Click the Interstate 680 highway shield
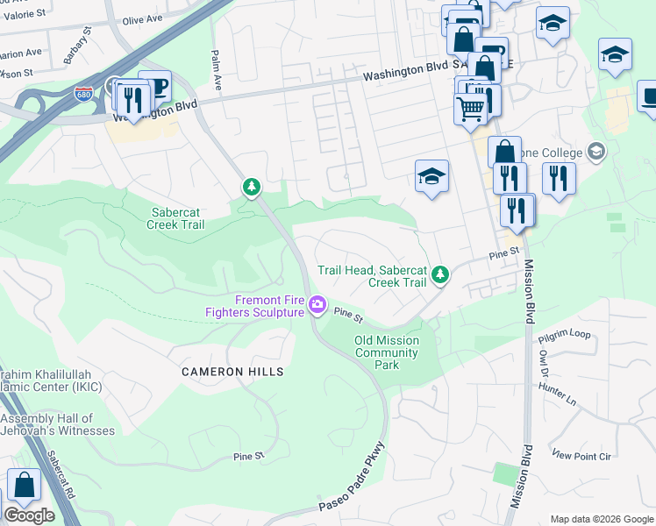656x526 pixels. (84, 93)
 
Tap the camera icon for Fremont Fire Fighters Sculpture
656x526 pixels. (317, 306)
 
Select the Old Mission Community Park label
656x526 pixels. (387, 352)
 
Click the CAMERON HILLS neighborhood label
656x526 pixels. (232, 372)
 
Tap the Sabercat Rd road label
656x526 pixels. (62, 474)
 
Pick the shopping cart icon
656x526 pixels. (471, 109)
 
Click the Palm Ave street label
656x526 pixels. (215, 70)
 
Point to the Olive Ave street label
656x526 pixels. (144, 18)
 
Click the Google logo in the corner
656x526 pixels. (29, 515)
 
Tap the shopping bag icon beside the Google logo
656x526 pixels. (25, 485)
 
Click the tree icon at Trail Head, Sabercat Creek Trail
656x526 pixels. (441, 275)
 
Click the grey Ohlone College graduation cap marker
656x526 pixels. (596, 152)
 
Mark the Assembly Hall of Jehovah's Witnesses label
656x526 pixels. (58, 424)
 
